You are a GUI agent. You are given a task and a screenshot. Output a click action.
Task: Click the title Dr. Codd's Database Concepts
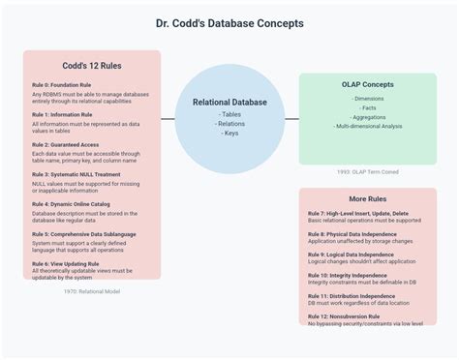(x=229, y=23)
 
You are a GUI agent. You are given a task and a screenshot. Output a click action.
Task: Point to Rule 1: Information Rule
(x=62, y=114)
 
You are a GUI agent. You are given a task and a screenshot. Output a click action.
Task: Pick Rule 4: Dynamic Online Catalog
(x=74, y=204)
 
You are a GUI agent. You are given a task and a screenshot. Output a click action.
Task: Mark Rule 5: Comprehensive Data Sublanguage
(x=83, y=234)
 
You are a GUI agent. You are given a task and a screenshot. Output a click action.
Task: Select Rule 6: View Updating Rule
(x=65, y=264)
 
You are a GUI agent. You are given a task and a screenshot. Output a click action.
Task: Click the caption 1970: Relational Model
(x=92, y=290)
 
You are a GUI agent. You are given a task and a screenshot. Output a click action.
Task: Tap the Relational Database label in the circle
(x=229, y=102)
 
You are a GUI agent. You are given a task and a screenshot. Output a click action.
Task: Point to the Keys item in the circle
(x=229, y=133)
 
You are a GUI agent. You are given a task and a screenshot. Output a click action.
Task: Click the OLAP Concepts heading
(x=367, y=84)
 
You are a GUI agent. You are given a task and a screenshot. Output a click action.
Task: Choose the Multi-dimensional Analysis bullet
(x=367, y=126)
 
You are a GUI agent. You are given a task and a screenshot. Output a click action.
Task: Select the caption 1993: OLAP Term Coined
(x=367, y=171)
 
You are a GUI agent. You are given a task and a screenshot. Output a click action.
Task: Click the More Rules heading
(x=367, y=198)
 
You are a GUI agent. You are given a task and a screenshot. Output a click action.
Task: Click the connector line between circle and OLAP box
(x=291, y=118)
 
